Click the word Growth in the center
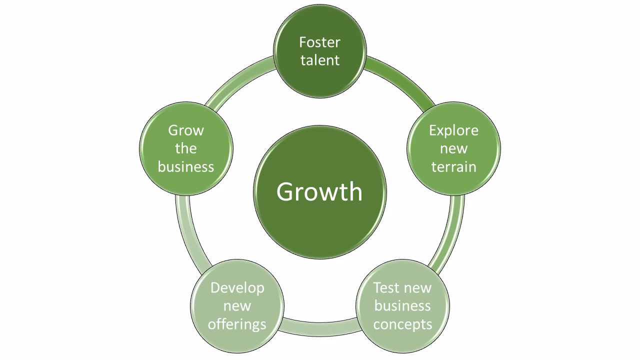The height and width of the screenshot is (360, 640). [319, 191]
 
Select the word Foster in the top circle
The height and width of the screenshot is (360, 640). [320, 42]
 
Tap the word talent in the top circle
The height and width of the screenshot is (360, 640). [320, 60]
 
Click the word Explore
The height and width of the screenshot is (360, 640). [453, 130]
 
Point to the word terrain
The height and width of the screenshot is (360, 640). [453, 166]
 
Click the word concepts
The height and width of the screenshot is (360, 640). [402, 324]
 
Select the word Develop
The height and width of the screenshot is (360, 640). [237, 288]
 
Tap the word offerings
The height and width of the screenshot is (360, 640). [237, 324]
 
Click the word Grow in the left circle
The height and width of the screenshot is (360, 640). [186, 130]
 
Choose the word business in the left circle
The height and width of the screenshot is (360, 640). [186, 166]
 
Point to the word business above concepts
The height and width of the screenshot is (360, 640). [402, 305]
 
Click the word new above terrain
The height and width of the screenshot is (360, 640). [453, 148]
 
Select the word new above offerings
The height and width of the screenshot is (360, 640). [237, 306]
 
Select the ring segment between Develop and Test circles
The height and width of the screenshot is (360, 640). [320, 328]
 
